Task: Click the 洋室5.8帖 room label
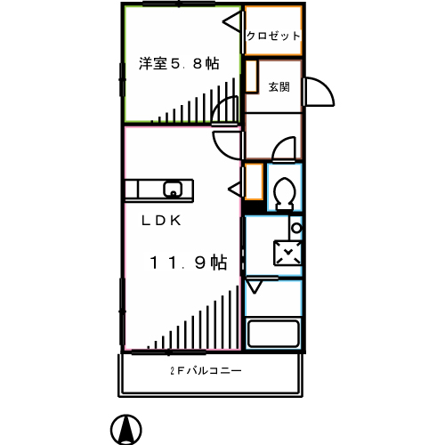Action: click(179, 63)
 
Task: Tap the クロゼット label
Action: click(272, 36)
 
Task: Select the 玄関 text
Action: click(279, 86)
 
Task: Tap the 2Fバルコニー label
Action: click(205, 371)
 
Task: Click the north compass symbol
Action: click(125, 430)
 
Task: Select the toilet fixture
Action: click(285, 191)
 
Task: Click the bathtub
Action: click(274, 335)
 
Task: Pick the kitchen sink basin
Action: click(172, 189)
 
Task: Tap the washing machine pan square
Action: click(287, 254)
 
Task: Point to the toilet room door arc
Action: click(284, 149)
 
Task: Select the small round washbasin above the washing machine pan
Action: click(295, 228)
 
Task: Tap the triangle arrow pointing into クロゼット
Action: click(232, 20)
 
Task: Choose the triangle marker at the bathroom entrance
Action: click(255, 287)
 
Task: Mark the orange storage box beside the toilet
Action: click(254, 182)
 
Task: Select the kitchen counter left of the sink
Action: click(142, 189)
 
